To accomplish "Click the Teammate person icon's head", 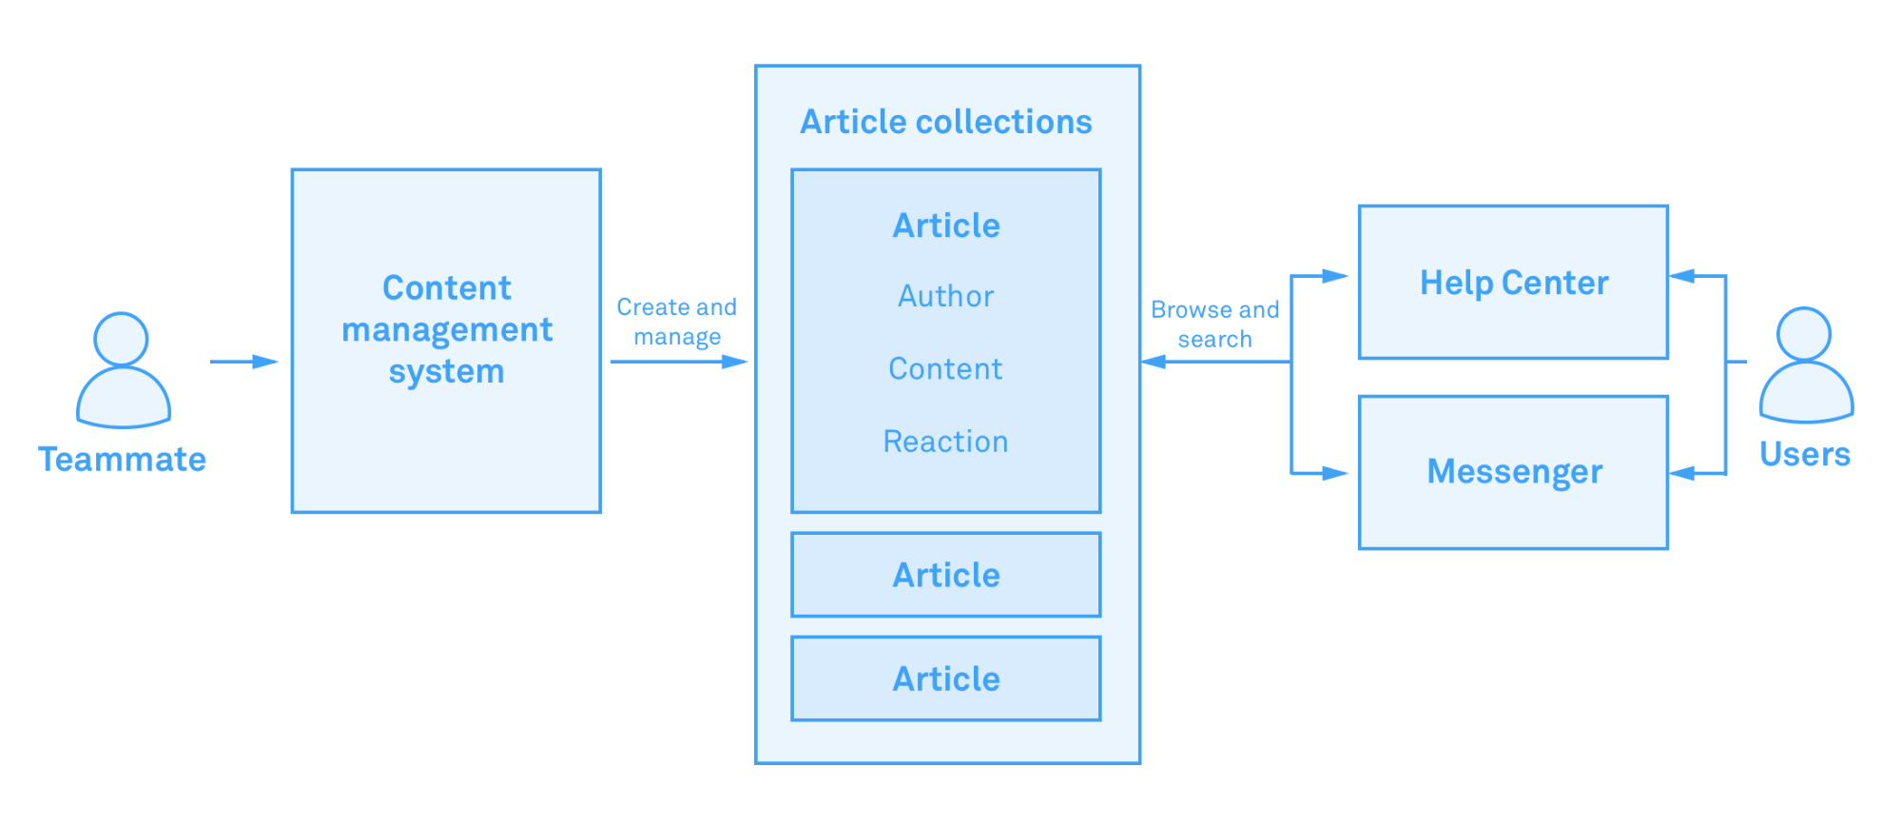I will coord(121,339).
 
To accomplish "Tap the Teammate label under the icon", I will coord(122,460).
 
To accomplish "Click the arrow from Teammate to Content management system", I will coord(243,362).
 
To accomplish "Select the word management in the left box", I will coord(447,330).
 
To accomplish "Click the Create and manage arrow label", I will coord(676,322).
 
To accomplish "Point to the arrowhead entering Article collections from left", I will coord(736,362).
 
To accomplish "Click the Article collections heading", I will coord(946,122).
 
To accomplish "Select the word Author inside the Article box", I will coord(946,296).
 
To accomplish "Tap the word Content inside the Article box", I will coord(945,368).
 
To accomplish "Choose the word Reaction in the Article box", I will coord(945,442).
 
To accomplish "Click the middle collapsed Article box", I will coord(946,575).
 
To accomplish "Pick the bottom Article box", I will coord(946,678).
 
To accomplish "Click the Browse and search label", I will coord(1214,324).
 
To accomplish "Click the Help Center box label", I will coord(1514,283).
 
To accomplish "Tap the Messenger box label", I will coord(1514,472).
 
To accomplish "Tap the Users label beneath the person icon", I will coord(1804,455).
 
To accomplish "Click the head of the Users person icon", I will coord(1804,333).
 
